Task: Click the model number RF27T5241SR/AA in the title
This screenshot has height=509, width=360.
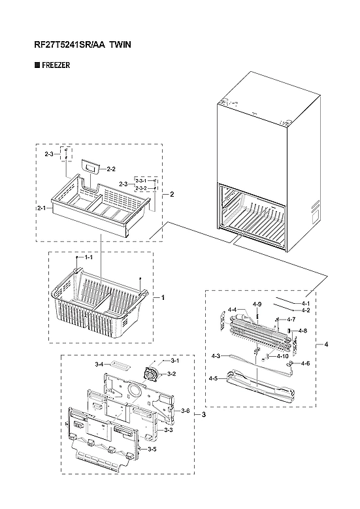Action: point(65,45)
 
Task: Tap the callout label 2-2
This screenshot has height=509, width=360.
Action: point(111,169)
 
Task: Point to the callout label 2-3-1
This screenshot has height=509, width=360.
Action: point(141,180)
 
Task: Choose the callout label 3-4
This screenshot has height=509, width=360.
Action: point(99,364)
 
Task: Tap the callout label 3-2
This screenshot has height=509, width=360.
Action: point(172,374)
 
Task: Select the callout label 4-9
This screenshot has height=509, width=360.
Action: point(257,304)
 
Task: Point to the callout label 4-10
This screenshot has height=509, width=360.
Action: point(283,356)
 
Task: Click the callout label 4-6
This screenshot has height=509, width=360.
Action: point(305,363)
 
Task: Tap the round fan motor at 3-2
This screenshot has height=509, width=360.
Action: point(154,374)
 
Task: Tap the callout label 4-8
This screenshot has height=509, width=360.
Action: point(302,331)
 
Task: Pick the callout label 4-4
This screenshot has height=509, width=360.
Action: point(232,310)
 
